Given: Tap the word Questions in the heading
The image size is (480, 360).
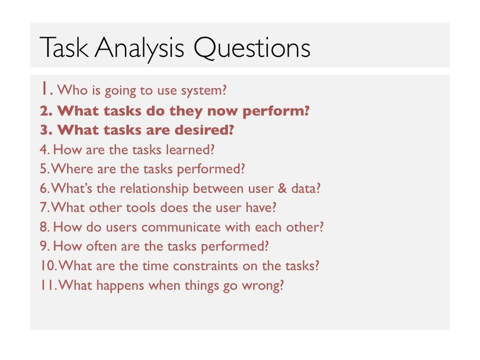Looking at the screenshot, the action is tap(252, 48).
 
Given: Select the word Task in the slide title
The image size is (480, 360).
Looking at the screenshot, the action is tap(64, 47).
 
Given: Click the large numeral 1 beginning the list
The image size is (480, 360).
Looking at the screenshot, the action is tap(44, 88).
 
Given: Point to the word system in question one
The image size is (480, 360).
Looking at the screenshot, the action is tap(204, 91).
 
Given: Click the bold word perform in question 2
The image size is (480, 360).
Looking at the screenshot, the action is tap(276, 111).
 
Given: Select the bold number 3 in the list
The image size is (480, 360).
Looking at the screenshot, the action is tap(44, 130).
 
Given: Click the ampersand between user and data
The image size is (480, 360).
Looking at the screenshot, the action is tap(282, 188).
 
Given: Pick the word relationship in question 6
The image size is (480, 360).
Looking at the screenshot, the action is tap(154, 189).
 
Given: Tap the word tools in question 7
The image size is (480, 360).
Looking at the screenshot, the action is tap(141, 208).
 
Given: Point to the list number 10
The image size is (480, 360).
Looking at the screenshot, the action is tap(48, 266).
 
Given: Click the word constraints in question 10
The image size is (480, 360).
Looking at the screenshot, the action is tap(206, 266).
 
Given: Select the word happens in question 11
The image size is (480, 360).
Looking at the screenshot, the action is tap(120, 286).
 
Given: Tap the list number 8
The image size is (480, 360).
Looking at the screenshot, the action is tap(44, 227).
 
